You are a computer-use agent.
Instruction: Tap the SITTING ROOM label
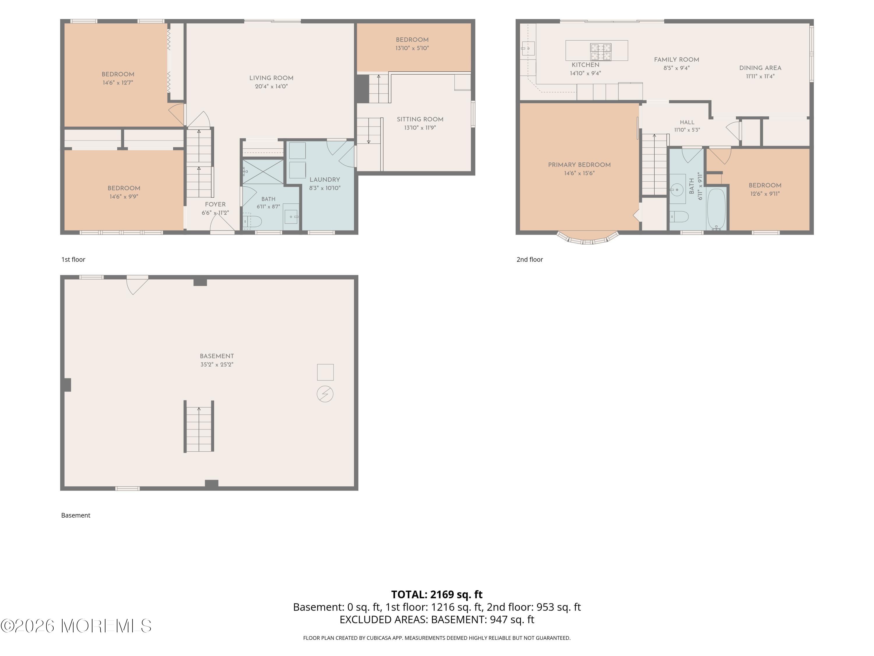420,119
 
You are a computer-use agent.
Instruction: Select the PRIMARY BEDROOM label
579,164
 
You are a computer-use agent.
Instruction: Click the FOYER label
215,204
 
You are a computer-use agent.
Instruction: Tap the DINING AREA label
760,68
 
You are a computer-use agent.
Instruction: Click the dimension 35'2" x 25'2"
217,364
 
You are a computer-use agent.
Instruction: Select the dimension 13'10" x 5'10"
412,48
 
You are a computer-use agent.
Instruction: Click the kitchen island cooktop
600,52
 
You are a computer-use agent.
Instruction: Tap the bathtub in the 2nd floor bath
716,209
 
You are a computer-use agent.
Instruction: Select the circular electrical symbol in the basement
325,394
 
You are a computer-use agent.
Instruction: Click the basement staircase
199,426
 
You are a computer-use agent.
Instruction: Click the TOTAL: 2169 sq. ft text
437,594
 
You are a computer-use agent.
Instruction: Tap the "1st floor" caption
73,259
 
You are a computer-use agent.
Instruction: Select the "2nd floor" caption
530,259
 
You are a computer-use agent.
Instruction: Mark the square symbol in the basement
325,372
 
